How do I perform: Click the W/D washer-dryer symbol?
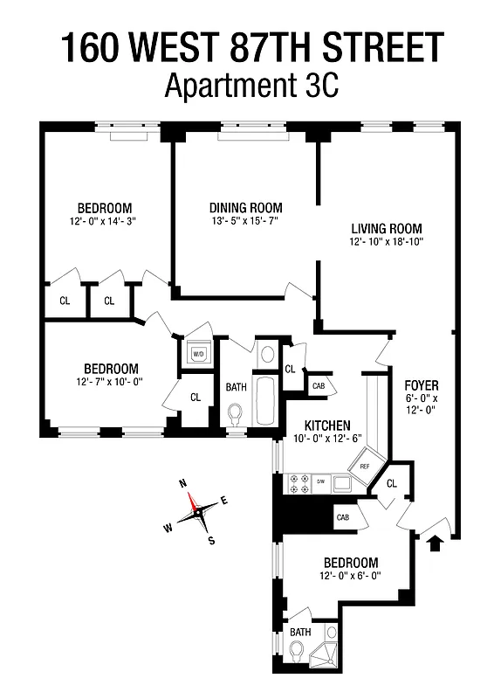(x=196, y=354)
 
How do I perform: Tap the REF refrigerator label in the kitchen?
(x=365, y=467)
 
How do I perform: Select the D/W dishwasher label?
(x=320, y=481)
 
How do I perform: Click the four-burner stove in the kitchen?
(x=297, y=481)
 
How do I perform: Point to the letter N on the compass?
(x=183, y=482)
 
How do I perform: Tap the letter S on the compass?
(x=211, y=541)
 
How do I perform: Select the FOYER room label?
(x=422, y=384)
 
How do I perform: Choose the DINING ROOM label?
(x=245, y=207)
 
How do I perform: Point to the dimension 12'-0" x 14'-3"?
(x=104, y=221)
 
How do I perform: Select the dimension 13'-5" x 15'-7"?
(x=245, y=221)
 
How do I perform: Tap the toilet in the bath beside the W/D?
(x=234, y=413)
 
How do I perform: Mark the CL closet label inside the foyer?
(x=391, y=483)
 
